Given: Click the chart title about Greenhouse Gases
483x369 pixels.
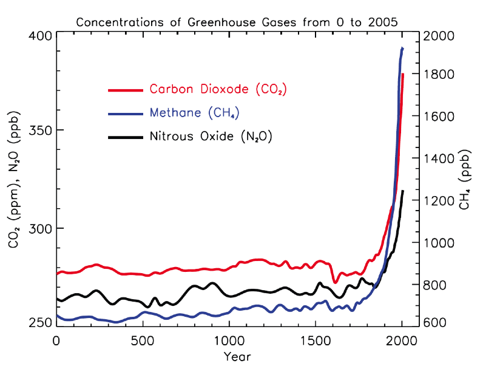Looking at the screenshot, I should click(237, 22).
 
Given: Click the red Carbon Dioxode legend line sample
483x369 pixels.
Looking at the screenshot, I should click(124, 90).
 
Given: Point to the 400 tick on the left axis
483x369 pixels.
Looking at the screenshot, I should click(39, 35).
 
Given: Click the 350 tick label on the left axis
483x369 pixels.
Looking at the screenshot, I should click(39, 130).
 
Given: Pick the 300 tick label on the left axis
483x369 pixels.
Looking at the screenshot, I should click(39, 228).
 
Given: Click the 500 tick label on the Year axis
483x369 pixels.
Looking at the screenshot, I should click(143, 340).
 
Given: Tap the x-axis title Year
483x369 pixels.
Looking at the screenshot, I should click(237, 356).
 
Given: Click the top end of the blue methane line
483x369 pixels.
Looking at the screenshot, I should click(402, 48).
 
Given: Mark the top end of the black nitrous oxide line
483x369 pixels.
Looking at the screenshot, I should click(402, 191).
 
